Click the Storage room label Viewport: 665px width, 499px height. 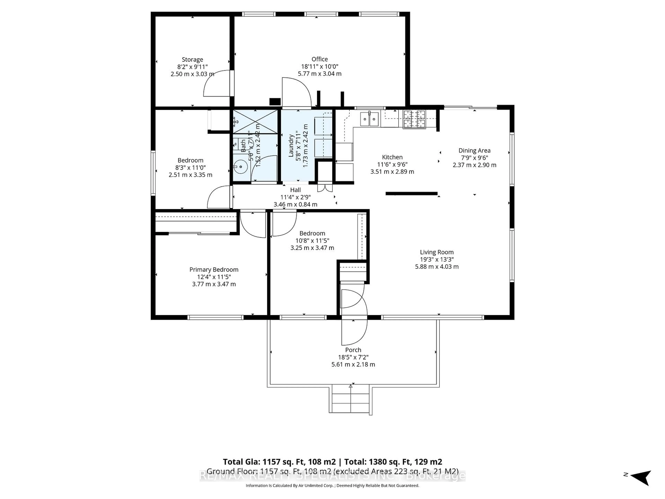192,60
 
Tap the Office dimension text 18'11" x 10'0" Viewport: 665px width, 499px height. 320,67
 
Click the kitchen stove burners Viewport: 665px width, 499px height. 414,119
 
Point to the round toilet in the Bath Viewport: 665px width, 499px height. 241,167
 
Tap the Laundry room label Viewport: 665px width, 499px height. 291,146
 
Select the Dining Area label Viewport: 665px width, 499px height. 474,150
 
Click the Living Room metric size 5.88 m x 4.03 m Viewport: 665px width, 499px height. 437,266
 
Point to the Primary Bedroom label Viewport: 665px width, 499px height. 214,269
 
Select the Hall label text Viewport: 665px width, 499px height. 295,190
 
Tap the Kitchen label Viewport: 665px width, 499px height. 392,157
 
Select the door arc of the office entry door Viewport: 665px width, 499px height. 296,92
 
